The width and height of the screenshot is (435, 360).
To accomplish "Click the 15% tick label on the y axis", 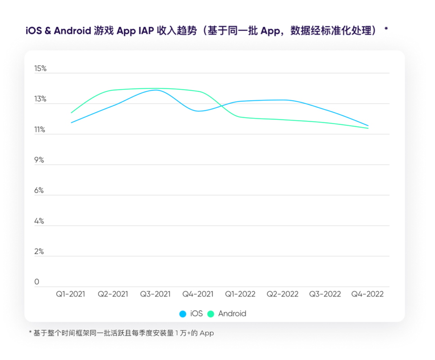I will [40, 68].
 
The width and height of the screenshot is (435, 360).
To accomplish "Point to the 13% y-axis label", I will [40, 99].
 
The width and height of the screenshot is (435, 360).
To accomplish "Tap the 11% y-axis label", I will [40, 130].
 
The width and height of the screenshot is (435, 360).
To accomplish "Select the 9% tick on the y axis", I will [39, 160].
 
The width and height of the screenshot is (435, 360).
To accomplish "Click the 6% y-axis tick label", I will [39, 191].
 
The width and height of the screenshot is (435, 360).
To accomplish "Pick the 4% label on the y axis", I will [39, 221].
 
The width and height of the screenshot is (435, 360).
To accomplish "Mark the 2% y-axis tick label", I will [39, 251].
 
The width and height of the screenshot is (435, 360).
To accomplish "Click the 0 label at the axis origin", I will [37, 282].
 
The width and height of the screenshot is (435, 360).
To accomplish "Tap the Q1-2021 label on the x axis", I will [71, 294].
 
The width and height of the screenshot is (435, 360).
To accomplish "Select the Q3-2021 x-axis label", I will [156, 294].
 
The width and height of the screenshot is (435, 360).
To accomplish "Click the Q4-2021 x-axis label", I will [198, 294].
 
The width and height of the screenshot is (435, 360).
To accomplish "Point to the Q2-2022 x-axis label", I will [283, 294].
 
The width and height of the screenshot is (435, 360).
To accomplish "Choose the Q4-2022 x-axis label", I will [367, 294].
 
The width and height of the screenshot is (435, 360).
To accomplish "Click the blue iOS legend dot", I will [183, 314].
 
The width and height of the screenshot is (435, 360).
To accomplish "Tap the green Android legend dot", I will [211, 314].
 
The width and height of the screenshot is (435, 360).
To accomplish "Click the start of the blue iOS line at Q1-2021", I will [71, 123].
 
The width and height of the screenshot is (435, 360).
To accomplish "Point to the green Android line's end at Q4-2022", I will [368, 128].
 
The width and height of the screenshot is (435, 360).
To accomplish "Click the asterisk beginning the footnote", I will [30, 333].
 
